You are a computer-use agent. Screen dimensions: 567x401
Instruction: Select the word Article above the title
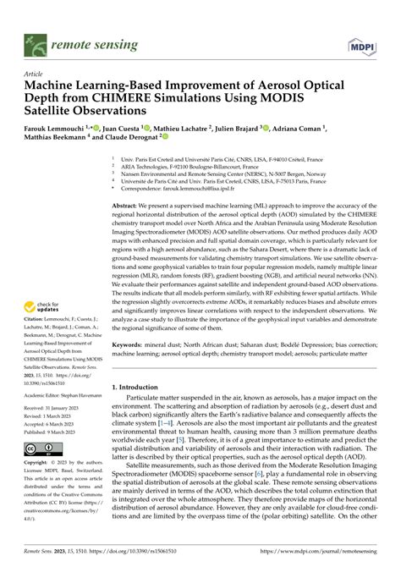coord(33,74)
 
